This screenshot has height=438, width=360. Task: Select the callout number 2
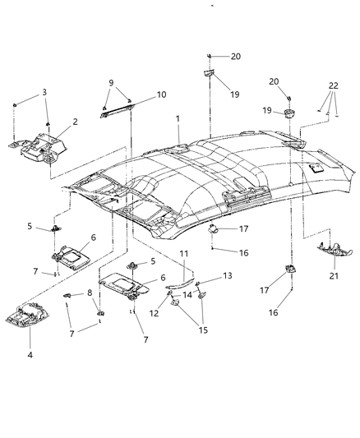(75, 122)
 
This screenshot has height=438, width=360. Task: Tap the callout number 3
(45, 91)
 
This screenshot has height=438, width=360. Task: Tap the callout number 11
(184, 253)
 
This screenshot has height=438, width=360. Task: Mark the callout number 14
(187, 294)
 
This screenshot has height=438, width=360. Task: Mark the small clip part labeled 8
(67, 293)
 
